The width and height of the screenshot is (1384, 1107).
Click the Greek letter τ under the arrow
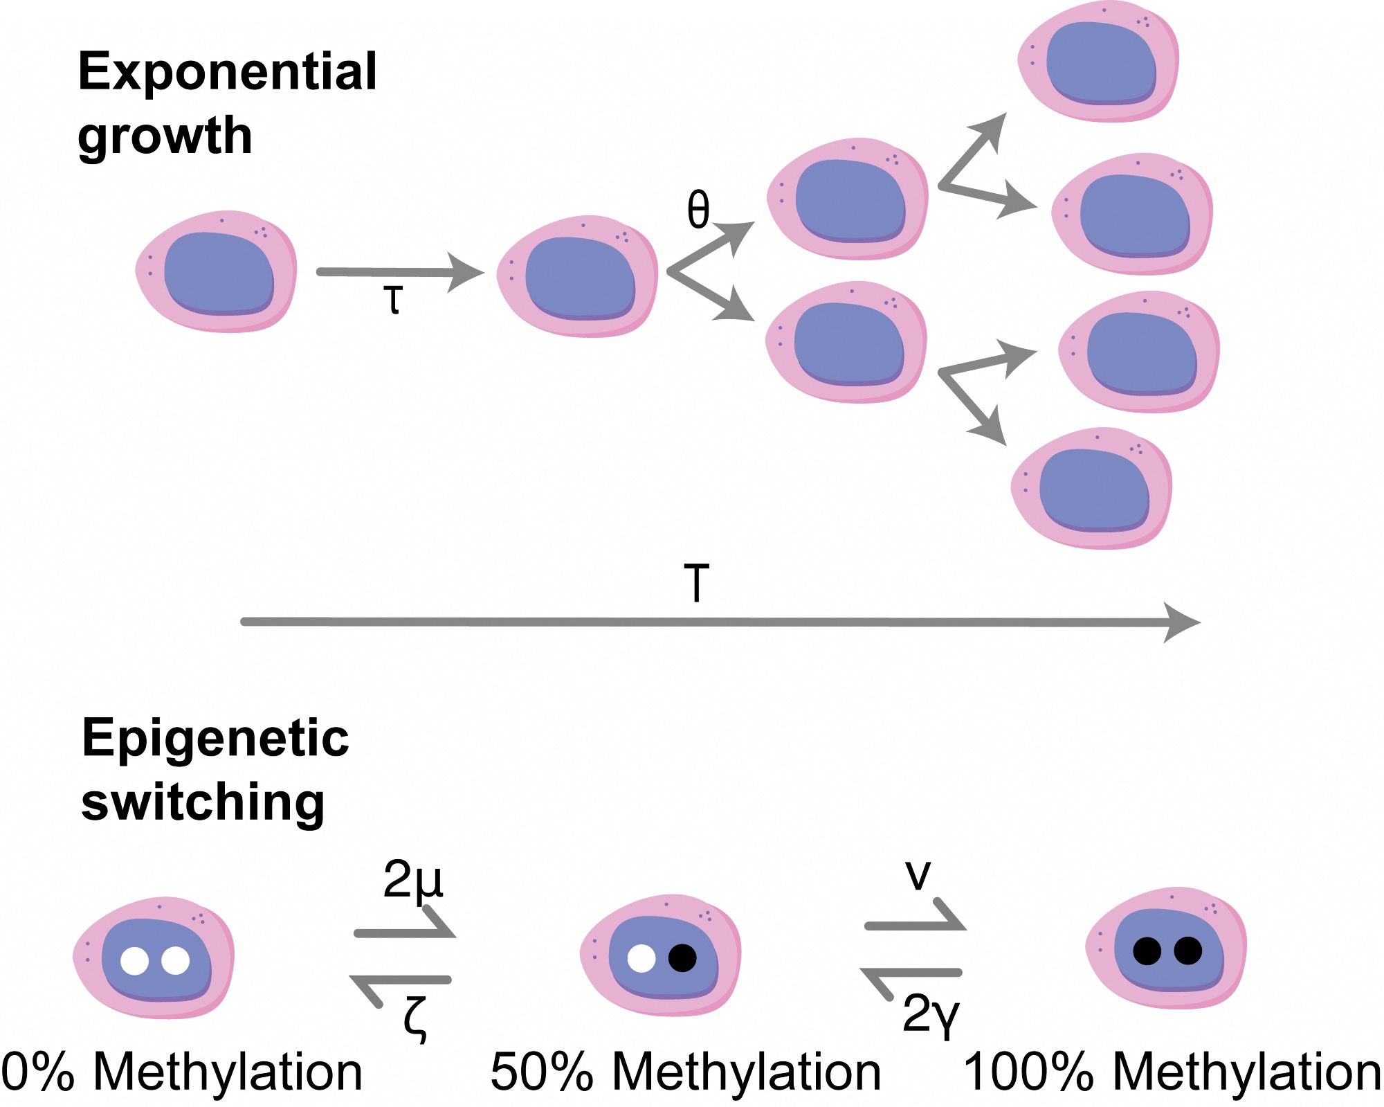click(x=393, y=300)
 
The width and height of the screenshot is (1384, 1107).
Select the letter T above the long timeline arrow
click(x=697, y=584)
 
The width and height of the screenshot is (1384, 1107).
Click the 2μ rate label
click(x=413, y=880)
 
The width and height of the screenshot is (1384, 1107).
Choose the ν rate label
click(x=918, y=876)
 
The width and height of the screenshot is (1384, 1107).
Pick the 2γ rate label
click(x=931, y=1015)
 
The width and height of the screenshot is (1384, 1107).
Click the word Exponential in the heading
click(x=228, y=72)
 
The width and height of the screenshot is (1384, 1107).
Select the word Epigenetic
click(x=215, y=738)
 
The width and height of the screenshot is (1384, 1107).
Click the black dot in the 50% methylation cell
click(x=682, y=958)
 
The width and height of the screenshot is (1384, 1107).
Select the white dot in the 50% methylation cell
click(x=641, y=958)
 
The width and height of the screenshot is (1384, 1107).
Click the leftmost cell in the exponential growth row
click(x=217, y=271)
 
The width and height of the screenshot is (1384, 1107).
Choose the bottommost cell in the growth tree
click(x=1092, y=488)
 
